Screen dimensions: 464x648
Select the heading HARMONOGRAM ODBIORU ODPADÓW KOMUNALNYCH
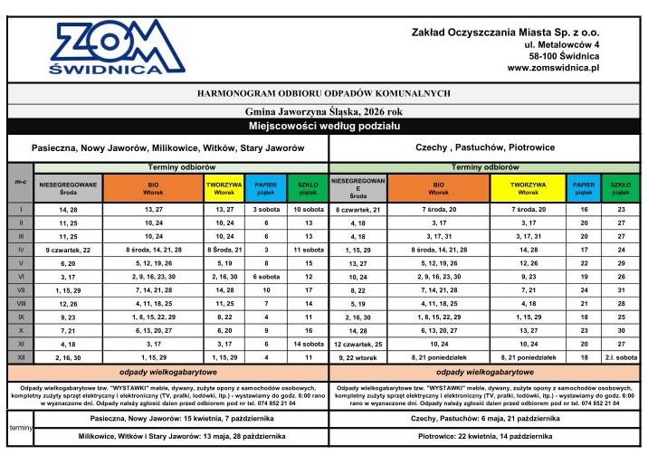pyautogui.click(x=323, y=93)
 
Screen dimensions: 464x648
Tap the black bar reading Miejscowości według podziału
pyautogui.click(x=324, y=126)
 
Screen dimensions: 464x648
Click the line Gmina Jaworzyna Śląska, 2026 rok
pyautogui.click(x=323, y=110)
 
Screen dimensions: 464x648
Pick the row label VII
pyautogui.click(x=20, y=289)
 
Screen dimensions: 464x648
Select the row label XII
pyautogui.click(x=20, y=357)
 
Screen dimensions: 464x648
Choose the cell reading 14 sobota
pyautogui.click(x=309, y=344)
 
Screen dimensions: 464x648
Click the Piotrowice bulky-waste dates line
pyautogui.click(x=486, y=436)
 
